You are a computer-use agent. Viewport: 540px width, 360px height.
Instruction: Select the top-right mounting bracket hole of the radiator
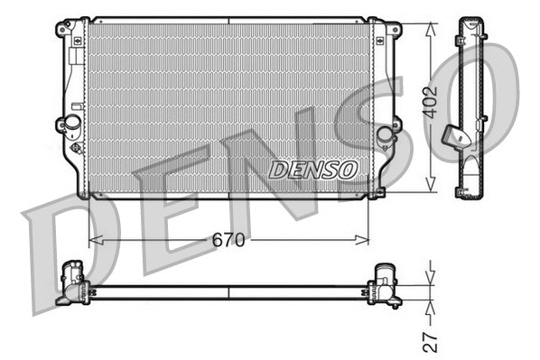[x=394, y=30]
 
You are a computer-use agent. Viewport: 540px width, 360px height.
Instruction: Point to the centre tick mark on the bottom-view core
[x=228, y=292]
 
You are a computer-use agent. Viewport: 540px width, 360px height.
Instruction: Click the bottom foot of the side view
[x=467, y=189]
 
